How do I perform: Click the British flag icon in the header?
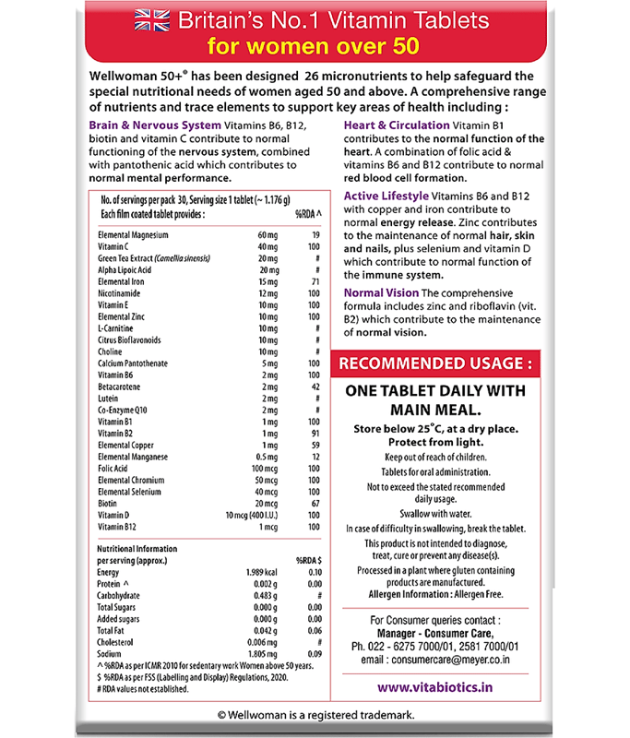point(151,19)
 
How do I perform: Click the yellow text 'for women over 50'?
point(315,45)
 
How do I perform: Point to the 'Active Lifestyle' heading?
point(386,196)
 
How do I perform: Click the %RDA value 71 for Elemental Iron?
point(314,281)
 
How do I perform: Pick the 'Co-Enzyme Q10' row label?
point(125,410)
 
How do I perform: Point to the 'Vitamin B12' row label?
point(121,526)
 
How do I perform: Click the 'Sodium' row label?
point(110,652)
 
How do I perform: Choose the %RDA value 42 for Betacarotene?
point(314,387)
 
